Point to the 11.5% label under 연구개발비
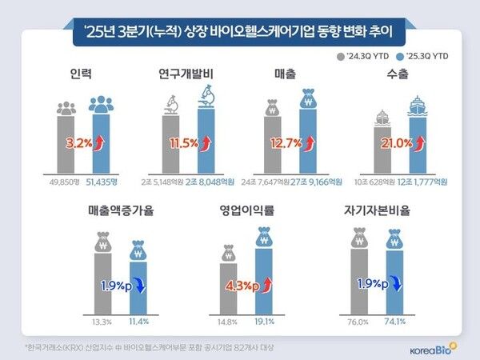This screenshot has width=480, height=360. (x=184, y=144)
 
